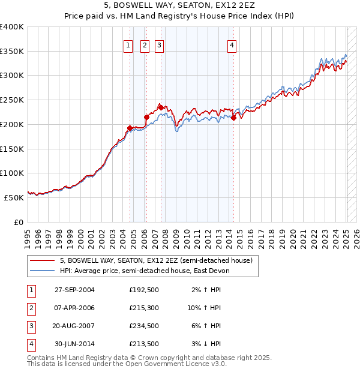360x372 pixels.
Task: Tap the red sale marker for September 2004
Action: click(130, 128)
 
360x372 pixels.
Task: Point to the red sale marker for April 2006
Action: click(146, 117)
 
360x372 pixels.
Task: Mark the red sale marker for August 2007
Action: click(161, 107)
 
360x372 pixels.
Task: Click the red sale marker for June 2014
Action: click(233, 118)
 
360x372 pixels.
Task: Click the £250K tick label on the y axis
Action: click(12, 100)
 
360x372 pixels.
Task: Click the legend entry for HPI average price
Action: click(145, 271)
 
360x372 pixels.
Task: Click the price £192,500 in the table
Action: click(143, 289)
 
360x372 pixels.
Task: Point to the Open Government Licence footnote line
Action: click(127, 364)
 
